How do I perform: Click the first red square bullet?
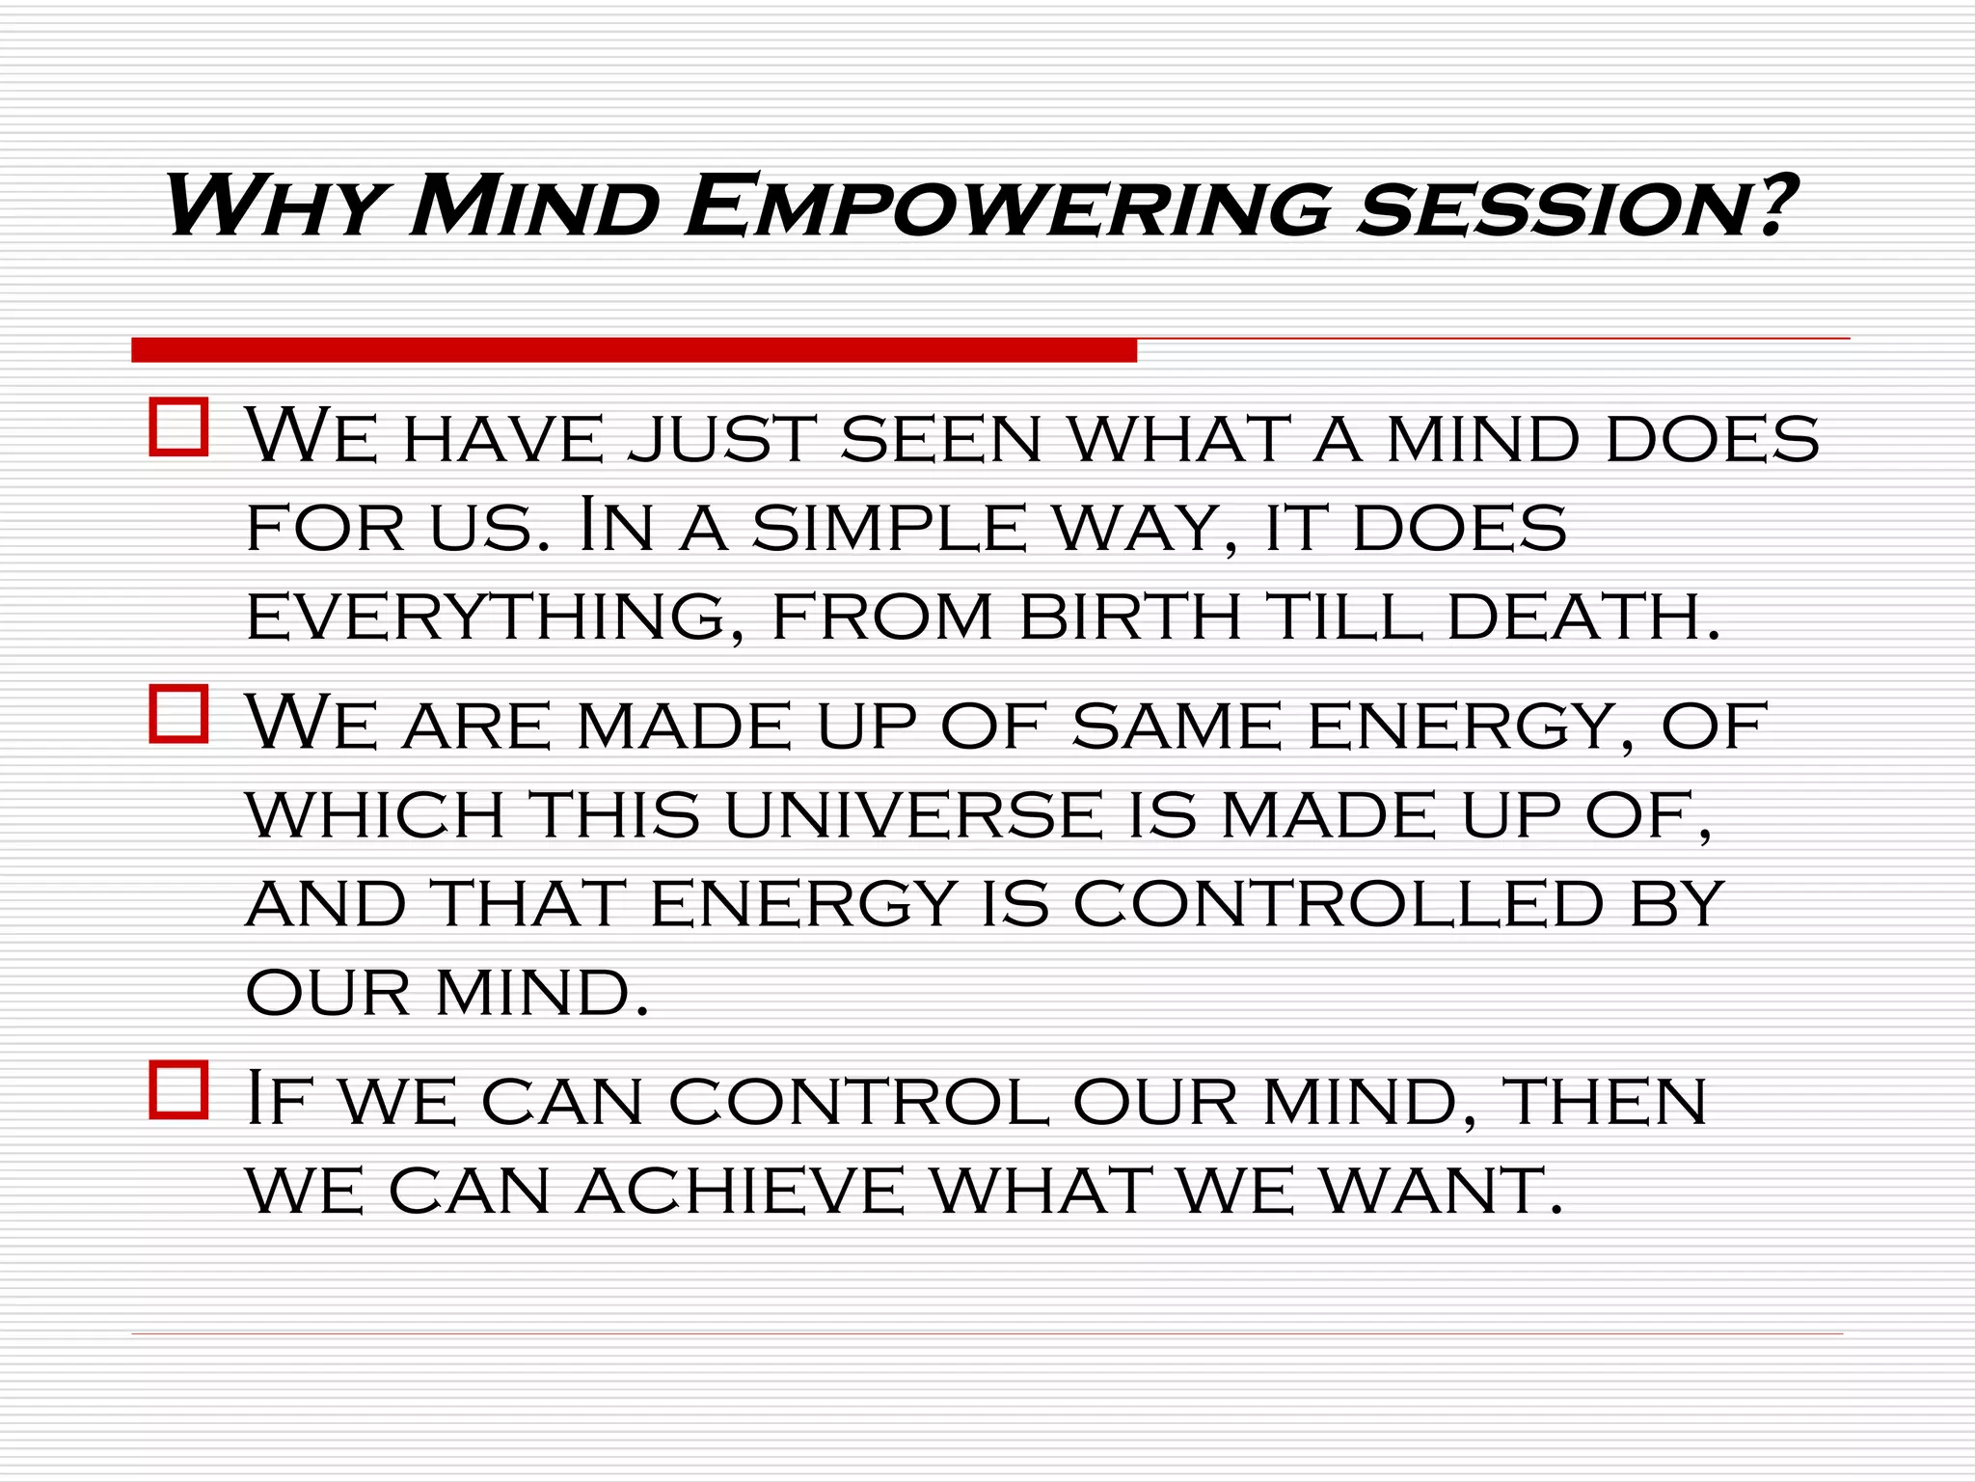179,427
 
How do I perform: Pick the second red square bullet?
179,714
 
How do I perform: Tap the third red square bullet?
179,1090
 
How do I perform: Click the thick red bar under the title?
634,350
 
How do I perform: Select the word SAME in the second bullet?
1177,727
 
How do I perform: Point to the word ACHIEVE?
740,1192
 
